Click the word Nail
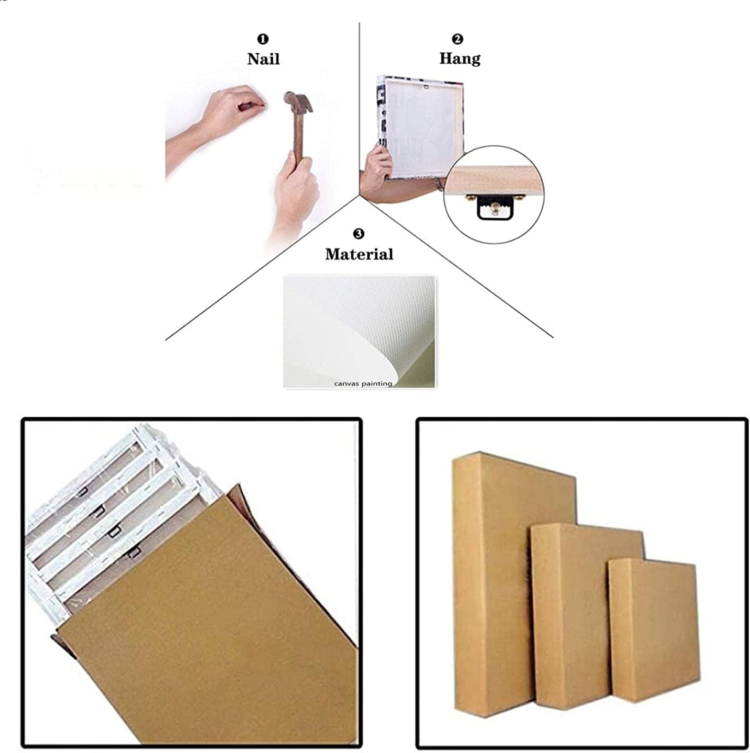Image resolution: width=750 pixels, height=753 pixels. coord(263,59)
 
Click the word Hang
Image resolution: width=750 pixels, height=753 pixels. coord(460,58)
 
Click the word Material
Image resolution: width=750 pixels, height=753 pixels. coord(359,254)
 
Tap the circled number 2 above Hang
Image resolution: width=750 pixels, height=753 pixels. coord(458,39)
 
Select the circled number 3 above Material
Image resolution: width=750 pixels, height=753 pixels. coord(359,233)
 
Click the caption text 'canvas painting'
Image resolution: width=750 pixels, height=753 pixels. coord(363,384)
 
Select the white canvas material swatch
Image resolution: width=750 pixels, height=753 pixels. coord(359,331)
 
